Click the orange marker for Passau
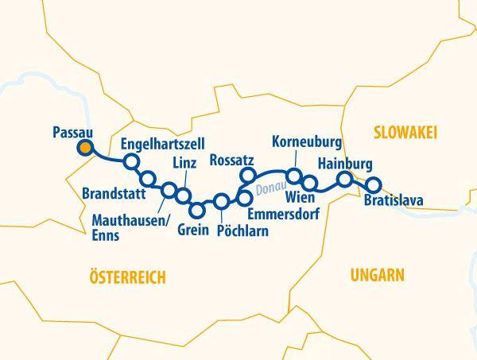pyautogui.click(x=84, y=147)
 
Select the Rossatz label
pyautogui.click(x=232, y=161)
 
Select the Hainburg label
pyautogui.click(x=344, y=164)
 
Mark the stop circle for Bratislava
pyautogui.click(x=373, y=185)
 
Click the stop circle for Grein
pyautogui.click(x=198, y=210)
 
